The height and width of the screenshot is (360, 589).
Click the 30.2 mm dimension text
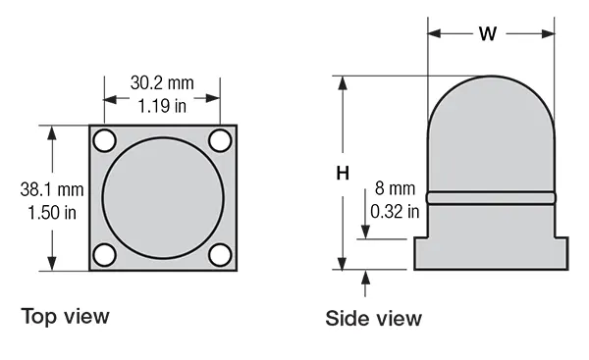point(162,83)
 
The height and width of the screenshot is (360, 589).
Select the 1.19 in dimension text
point(162,106)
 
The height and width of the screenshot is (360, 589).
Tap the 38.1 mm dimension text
point(52,189)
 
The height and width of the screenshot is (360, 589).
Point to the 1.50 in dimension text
point(52,213)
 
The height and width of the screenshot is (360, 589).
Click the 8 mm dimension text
point(396,188)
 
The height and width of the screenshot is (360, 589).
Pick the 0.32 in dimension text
point(395,211)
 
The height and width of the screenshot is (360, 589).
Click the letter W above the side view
point(488,33)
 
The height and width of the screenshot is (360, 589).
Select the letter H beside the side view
point(343,174)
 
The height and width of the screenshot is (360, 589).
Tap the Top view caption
point(65,316)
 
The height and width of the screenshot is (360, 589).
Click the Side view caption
point(373,319)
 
